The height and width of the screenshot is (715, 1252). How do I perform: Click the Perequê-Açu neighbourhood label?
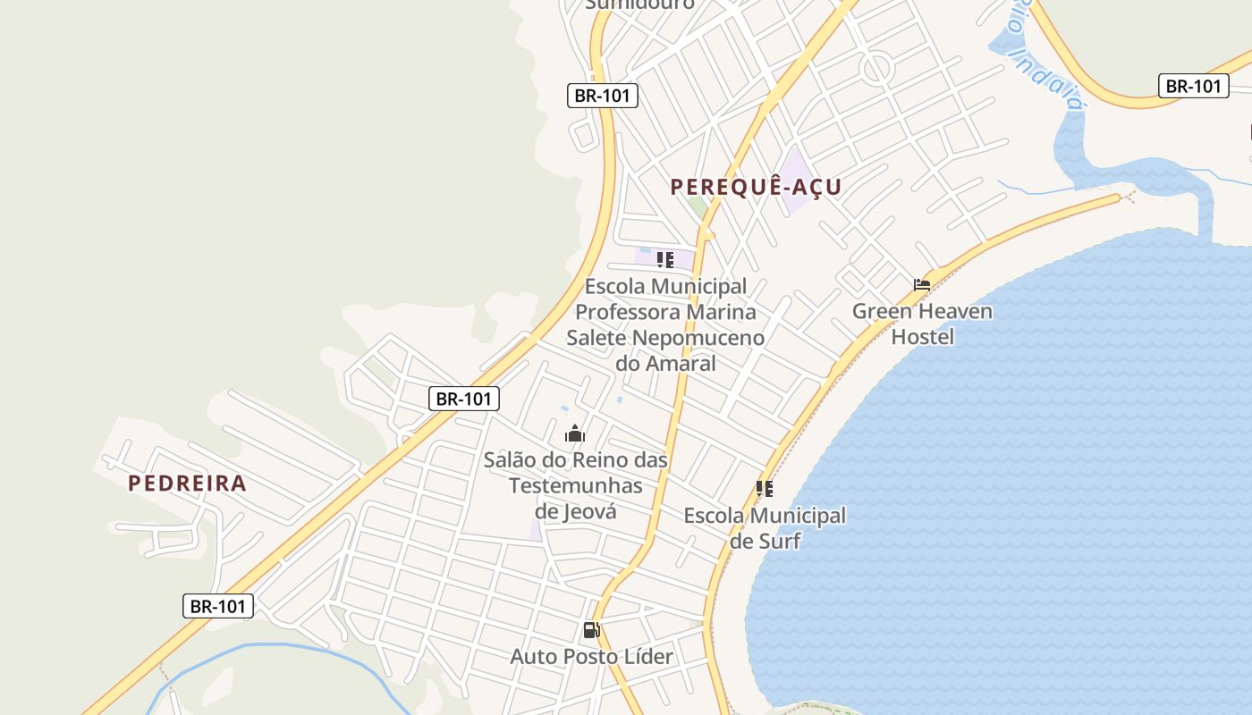click(x=756, y=187)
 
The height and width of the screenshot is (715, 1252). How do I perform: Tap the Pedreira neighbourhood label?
click(x=187, y=484)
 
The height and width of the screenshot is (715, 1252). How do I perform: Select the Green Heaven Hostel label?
click(x=922, y=324)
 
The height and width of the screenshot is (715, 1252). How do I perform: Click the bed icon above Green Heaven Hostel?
click(x=922, y=285)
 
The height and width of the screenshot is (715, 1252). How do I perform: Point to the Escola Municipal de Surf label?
click(x=765, y=527)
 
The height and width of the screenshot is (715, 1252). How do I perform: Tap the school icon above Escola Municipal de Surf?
click(x=764, y=489)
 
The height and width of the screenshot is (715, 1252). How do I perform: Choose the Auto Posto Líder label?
click(x=591, y=657)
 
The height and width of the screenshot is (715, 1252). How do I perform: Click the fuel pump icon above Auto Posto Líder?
click(x=591, y=630)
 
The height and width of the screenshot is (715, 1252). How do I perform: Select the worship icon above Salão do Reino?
click(x=574, y=434)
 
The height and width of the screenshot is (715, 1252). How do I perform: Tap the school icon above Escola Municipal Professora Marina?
click(x=664, y=260)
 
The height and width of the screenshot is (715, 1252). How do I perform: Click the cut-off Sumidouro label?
click(x=639, y=4)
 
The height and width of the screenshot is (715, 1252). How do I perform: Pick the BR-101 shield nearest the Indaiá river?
click(x=1193, y=86)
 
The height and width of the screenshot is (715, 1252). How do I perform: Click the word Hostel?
click(x=923, y=337)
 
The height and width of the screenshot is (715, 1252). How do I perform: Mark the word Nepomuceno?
click(x=698, y=338)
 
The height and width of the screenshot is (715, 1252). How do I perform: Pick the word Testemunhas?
click(x=576, y=485)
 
